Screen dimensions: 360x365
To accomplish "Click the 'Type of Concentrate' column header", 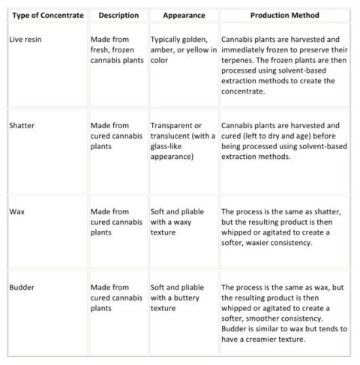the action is pyautogui.click(x=47, y=16).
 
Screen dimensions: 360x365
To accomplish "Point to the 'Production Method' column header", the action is pyautogui.click(x=284, y=16).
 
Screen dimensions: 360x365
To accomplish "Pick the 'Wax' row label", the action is pyautogui.click(x=17, y=212).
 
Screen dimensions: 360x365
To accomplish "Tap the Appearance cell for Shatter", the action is pyautogui.click(x=183, y=142).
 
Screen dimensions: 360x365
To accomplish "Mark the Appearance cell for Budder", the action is pyautogui.click(x=177, y=298).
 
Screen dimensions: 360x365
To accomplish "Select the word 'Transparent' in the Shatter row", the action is pyautogui.click(x=172, y=125).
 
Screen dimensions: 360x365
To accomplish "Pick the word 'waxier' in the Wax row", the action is pyautogui.click(x=263, y=243).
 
